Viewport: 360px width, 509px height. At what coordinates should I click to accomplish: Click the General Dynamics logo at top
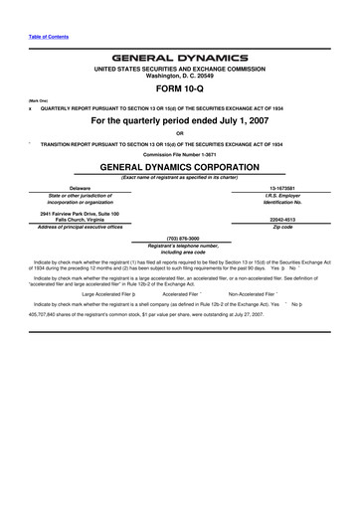tap(179, 57)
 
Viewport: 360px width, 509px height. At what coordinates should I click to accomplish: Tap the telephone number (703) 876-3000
tap(179, 238)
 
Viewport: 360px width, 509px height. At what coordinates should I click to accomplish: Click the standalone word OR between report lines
tap(179, 133)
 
